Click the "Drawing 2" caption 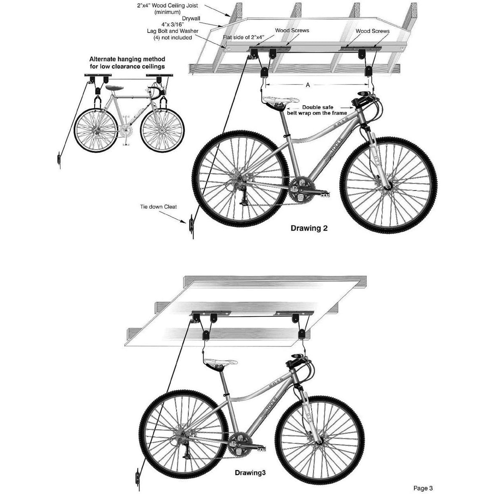coord(309,228)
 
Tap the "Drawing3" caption coord(251,450)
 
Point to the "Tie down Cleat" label coord(158,207)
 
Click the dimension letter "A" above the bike coord(308,85)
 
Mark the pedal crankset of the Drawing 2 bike coord(299,190)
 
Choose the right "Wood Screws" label coord(373,30)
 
